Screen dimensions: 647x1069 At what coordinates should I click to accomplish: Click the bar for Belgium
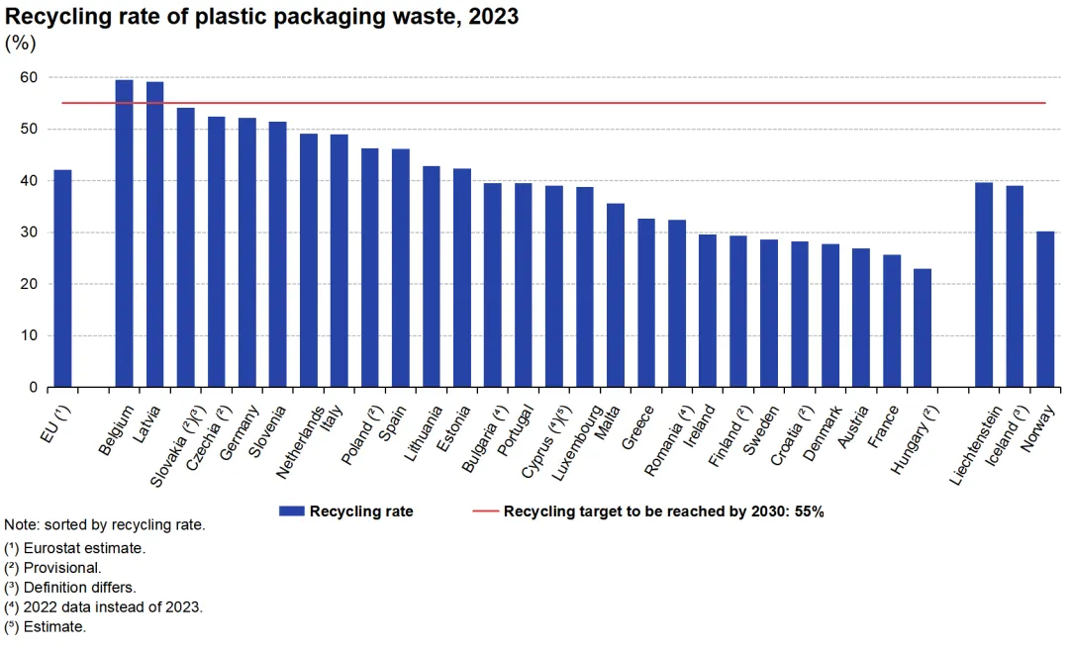(124, 233)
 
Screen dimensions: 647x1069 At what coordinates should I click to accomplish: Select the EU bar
(62, 279)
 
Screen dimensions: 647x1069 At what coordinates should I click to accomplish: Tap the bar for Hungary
(923, 327)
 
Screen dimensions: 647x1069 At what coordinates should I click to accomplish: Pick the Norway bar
(1045, 309)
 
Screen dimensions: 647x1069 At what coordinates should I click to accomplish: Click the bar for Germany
(246, 252)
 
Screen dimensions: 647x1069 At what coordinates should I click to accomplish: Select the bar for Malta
(616, 295)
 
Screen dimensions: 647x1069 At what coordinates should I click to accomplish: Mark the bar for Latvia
(154, 234)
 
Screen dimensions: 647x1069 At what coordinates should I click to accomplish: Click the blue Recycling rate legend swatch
(291, 511)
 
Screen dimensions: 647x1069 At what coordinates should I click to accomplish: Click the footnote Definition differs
(79, 587)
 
